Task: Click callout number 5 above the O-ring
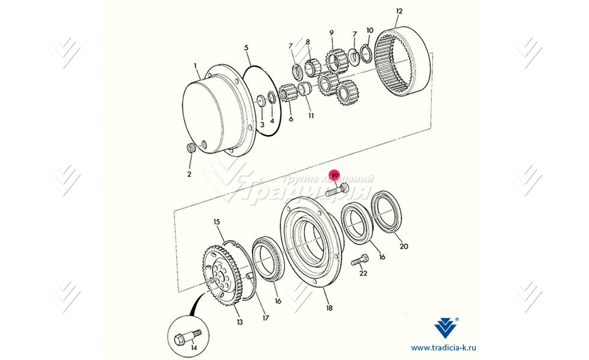[x=246, y=48]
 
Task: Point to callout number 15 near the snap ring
[x=217, y=222]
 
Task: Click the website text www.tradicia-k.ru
[x=444, y=347]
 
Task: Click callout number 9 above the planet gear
[x=331, y=33]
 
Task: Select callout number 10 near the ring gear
[x=370, y=30]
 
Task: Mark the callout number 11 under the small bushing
[x=311, y=116]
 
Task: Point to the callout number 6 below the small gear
[x=291, y=119]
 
